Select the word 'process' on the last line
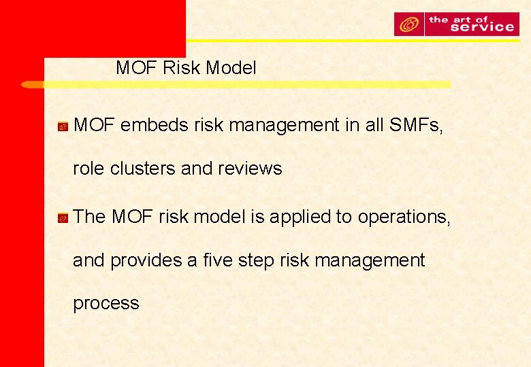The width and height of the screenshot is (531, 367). point(106,304)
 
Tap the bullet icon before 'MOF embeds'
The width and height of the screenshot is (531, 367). point(61,126)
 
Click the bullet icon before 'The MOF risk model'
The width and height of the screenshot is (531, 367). point(61,218)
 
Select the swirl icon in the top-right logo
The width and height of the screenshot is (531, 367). point(409,24)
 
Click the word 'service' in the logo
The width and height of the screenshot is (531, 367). point(471,27)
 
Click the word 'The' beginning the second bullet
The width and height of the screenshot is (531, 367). point(90,217)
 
